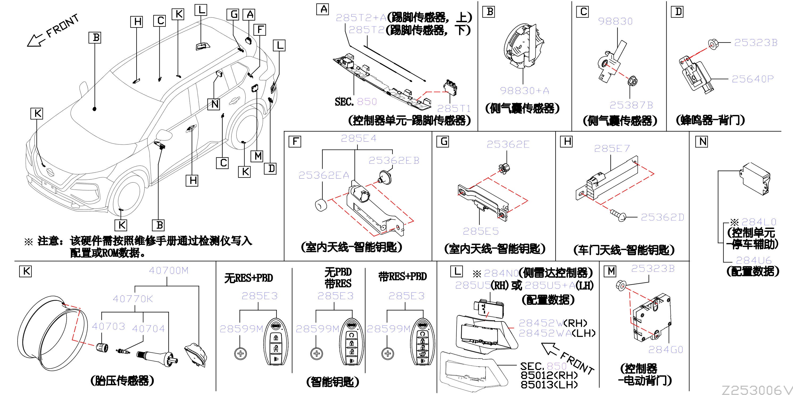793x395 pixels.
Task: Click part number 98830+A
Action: pyautogui.click(x=524, y=90)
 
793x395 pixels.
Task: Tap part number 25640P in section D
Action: pyautogui.click(x=752, y=79)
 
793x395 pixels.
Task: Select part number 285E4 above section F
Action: pyautogui.click(x=358, y=138)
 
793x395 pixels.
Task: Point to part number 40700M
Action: pyautogui.click(x=168, y=270)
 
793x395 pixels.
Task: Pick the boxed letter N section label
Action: pyautogui.click(x=702, y=142)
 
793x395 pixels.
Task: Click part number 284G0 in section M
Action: pyautogui.click(x=666, y=349)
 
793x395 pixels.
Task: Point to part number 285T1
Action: pyautogui.click(x=454, y=108)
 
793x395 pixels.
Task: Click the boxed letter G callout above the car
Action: pyautogui.click(x=233, y=14)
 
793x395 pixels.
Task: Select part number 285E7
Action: pyautogui.click(x=612, y=149)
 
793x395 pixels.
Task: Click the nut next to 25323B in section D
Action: pyautogui.click(x=712, y=44)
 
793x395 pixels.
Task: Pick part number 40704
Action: pyautogui.click(x=148, y=328)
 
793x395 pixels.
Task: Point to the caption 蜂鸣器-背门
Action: pyautogui.click(x=711, y=120)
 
